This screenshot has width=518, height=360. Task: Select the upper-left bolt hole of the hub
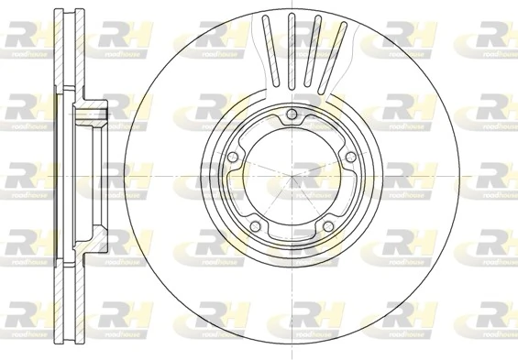234,156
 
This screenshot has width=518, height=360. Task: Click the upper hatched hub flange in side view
93,115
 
